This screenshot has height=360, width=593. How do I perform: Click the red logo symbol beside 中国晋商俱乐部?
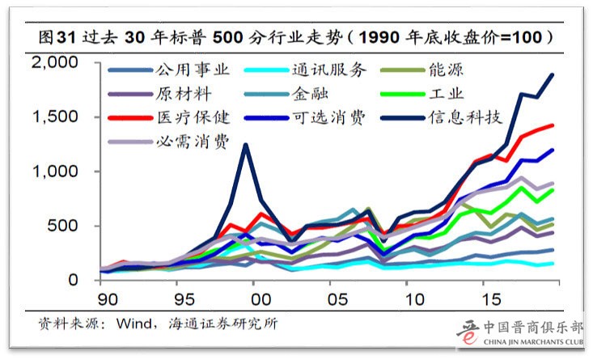click(x=468, y=333)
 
